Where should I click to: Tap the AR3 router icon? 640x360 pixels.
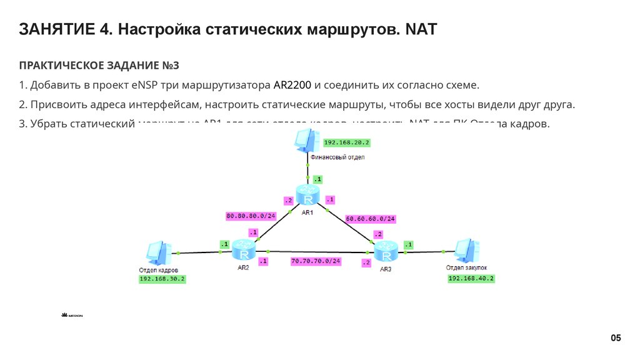[x=386, y=252]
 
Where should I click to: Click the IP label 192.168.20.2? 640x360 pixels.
[x=347, y=142]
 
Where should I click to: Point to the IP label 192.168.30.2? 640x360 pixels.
[x=162, y=279]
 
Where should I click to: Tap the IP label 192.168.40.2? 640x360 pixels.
[x=471, y=279]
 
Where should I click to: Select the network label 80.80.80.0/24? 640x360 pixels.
[x=251, y=216]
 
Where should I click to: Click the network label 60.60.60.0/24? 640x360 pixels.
[x=371, y=219]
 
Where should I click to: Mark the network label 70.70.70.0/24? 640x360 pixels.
[x=315, y=261]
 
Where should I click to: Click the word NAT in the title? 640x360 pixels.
[x=422, y=29]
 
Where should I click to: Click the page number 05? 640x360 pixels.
[x=616, y=338]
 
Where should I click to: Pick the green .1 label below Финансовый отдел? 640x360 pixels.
[x=317, y=179]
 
